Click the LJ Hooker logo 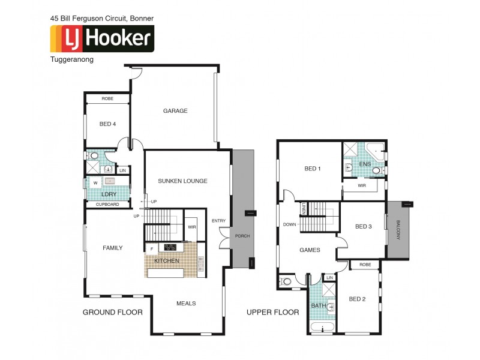(101, 38)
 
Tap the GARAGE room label (175, 111)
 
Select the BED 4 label (107, 124)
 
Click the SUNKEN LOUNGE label (182, 181)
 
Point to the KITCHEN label (167, 261)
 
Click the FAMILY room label (112, 248)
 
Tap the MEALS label (186, 304)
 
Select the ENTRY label (218, 221)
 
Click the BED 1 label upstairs (313, 169)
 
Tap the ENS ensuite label (365, 164)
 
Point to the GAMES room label (310, 250)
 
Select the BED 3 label (364, 226)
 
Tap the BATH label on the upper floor (318, 306)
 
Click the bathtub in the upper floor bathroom (323, 328)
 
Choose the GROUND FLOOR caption (112, 312)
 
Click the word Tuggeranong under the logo (72, 59)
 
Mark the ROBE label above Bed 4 (107, 98)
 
